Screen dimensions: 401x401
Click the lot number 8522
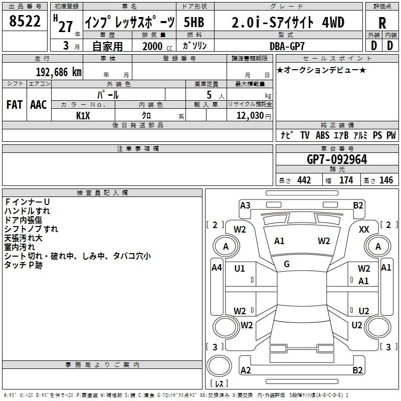[25, 21]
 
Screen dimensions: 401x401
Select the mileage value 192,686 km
[59, 72]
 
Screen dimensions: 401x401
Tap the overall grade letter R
[382, 23]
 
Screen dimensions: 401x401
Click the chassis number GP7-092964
[337, 159]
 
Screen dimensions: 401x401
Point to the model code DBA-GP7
[287, 46]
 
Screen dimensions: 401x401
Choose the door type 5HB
[194, 22]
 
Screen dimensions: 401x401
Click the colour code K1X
[83, 116]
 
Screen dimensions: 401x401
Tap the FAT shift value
[15, 105]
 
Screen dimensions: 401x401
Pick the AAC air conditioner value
[39, 105]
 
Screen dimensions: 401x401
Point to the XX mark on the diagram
[364, 230]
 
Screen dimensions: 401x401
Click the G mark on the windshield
[287, 264]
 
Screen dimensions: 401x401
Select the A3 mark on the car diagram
[245, 206]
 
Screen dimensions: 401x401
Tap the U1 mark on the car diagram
[240, 269]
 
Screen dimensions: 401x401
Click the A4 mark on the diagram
[217, 268]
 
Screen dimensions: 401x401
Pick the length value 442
[304, 180]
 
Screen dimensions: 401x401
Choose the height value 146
[386, 180]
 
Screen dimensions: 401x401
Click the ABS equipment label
[322, 135]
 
